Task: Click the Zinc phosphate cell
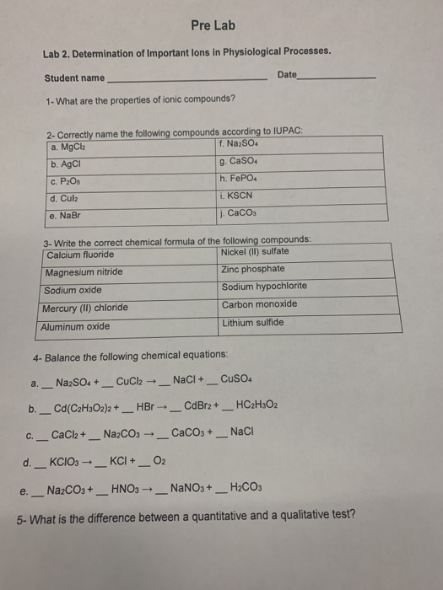point(253,270)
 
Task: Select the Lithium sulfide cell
point(253,323)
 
